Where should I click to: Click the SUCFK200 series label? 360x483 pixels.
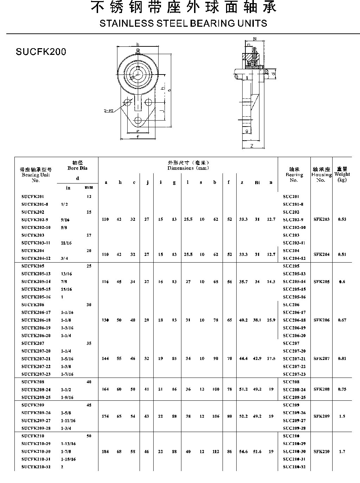[x=41, y=52]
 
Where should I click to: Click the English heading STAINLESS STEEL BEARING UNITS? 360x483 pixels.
[x=183, y=24]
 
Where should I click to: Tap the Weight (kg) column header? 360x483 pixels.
[x=342, y=174]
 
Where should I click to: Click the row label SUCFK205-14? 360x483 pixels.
[x=36, y=282]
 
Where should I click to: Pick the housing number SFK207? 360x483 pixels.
[x=322, y=359]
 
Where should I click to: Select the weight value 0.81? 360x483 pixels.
[x=342, y=359]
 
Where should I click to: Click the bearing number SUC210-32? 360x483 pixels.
[x=294, y=467]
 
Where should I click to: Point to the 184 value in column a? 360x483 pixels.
[x=105, y=452]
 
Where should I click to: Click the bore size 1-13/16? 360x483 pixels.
[x=68, y=444]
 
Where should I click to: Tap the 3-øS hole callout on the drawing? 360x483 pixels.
[x=108, y=111]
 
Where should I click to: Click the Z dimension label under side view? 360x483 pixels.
[x=252, y=146]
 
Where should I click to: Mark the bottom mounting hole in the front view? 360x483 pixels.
[x=138, y=121]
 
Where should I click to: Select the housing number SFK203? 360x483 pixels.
[x=322, y=219]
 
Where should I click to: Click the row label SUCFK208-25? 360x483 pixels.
[x=36, y=397]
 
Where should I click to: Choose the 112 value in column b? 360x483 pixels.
[x=216, y=452]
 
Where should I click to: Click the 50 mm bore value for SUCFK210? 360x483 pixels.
[x=89, y=436]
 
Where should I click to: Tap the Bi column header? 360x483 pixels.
[x=257, y=183]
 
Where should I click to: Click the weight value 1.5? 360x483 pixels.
[x=342, y=416]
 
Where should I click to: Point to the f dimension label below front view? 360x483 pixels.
[x=138, y=137]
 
